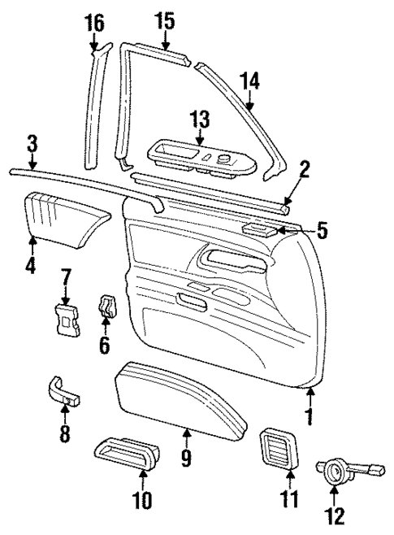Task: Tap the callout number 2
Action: point(304,169)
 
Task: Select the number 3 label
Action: point(32,145)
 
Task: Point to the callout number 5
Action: point(322,231)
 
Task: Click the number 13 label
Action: point(200,120)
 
